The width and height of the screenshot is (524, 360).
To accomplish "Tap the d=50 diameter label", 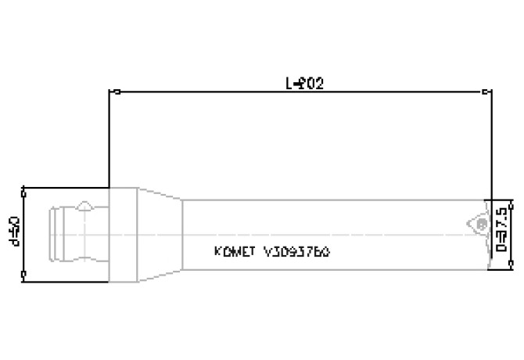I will tap(13, 232).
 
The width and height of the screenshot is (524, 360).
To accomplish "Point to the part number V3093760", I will tap(296, 252).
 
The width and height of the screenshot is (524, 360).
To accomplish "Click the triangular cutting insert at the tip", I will tap(476, 222).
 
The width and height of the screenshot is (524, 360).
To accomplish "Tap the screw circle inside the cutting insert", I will tap(479, 225).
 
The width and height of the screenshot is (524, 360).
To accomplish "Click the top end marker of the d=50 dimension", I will tap(25, 189).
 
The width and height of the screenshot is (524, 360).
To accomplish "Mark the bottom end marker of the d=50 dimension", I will tap(25, 273).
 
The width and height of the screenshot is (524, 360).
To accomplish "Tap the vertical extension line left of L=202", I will tap(110, 141).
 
